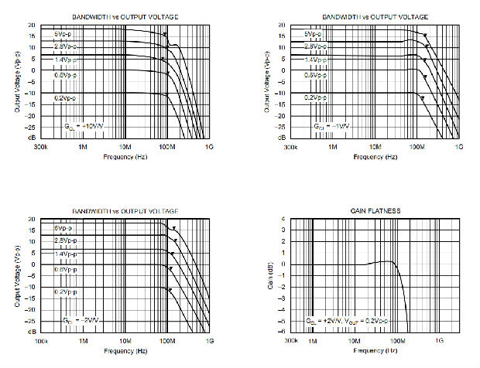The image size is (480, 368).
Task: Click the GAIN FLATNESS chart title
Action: click(x=376, y=211)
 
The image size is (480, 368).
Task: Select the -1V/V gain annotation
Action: click(x=331, y=124)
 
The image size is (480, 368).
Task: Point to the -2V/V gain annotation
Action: click(x=82, y=320)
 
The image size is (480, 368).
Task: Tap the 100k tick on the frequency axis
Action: click(x=42, y=341)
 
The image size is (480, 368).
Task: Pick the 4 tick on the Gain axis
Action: click(x=283, y=220)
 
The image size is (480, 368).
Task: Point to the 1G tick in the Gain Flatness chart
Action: click(x=438, y=341)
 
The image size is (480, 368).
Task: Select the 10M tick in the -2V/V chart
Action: click(x=125, y=341)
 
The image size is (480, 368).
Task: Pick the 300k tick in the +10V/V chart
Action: click(x=42, y=146)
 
